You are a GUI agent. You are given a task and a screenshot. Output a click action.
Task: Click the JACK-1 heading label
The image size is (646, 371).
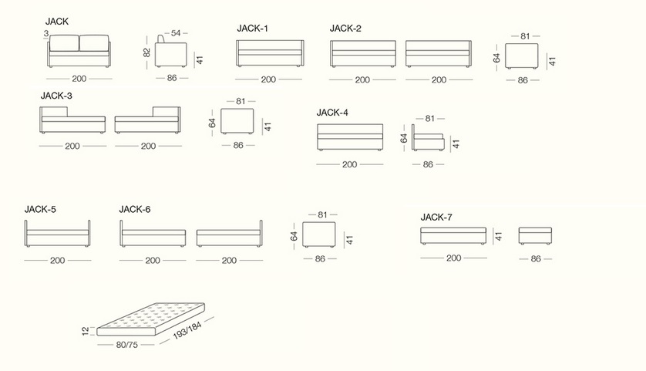tap(253, 29)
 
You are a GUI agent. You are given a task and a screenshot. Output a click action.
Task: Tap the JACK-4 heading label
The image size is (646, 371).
tap(332, 113)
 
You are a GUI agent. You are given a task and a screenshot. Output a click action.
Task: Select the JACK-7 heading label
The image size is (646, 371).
tap(436, 218)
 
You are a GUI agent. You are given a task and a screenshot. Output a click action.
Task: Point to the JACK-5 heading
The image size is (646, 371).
tap(40, 209)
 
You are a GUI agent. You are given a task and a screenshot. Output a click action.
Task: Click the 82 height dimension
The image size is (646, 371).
tap(147, 52)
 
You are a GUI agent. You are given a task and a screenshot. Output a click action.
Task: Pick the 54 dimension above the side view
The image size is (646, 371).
tap(176, 33)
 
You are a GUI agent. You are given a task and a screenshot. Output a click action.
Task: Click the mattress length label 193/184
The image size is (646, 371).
tap(187, 331)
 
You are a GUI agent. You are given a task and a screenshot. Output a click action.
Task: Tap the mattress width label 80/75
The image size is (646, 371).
tap(127, 345)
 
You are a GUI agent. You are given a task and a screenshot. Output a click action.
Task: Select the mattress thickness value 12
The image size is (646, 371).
tap(86, 331)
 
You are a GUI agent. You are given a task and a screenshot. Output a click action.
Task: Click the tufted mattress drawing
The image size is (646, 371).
tap(151, 319)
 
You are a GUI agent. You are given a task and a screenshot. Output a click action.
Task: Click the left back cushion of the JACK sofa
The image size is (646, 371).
tap(64, 43)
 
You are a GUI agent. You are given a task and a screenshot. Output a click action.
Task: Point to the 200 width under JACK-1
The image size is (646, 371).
tap(268, 79)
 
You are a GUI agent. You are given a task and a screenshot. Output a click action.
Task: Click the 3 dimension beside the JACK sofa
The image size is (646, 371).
tap(46, 33)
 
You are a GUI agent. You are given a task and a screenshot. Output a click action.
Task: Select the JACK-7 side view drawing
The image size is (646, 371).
tap(535, 236)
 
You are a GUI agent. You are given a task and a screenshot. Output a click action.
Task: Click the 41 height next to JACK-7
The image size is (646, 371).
tap(499, 237)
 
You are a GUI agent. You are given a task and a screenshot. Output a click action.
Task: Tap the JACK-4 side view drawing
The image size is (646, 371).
tap(428, 138)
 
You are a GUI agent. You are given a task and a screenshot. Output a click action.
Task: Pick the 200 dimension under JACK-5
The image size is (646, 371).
tap(58, 261)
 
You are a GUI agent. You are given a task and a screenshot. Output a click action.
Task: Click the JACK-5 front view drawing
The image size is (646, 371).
tap(57, 234)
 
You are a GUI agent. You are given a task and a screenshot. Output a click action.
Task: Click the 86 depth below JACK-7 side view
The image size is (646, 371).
tap(536, 259)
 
